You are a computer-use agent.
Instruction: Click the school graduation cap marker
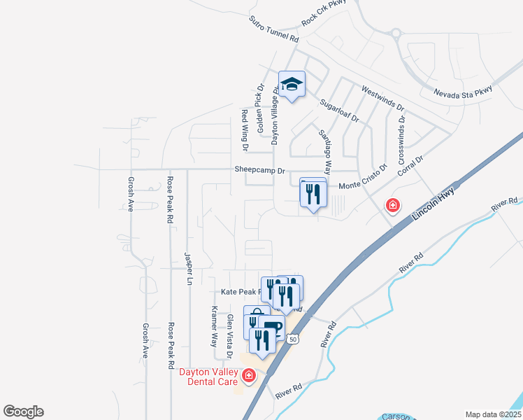tap(292, 85)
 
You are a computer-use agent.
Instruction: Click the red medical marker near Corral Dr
tap(393, 205)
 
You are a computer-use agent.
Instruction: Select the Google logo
tap(23, 412)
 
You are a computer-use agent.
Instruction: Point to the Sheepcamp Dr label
tap(260, 170)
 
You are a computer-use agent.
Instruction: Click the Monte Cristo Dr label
tap(363, 178)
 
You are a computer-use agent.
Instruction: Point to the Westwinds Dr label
tap(382, 99)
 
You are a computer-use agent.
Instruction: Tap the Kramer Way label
tap(215, 326)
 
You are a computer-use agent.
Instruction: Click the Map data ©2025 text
tap(492, 414)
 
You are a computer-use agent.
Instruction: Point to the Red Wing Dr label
tap(244, 130)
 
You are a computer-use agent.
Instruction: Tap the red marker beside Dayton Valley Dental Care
tap(248, 377)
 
